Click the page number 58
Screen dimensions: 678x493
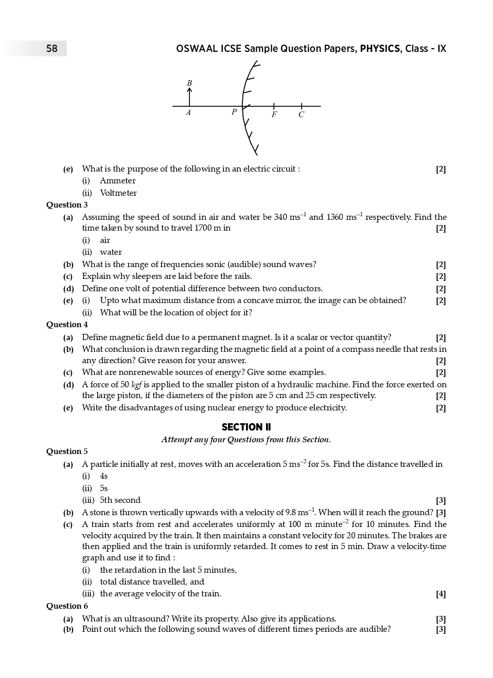click(52, 49)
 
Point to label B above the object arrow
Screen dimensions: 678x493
click(189, 83)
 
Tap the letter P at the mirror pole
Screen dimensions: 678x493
click(234, 112)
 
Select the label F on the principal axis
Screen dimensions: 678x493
click(274, 115)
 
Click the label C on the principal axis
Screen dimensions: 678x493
click(301, 115)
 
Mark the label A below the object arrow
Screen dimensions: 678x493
click(188, 112)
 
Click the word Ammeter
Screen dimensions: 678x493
click(118, 181)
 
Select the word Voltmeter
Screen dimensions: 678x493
click(118, 193)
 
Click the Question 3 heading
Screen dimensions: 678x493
click(67, 205)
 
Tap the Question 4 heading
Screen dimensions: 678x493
click(67, 325)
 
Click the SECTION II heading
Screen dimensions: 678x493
click(246, 427)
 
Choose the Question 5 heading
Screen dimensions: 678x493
click(67, 451)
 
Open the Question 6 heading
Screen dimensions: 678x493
click(67, 606)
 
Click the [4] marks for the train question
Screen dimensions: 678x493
click(441, 594)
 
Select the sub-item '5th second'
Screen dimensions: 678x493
click(120, 500)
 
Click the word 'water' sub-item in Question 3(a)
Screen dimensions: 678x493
click(111, 252)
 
